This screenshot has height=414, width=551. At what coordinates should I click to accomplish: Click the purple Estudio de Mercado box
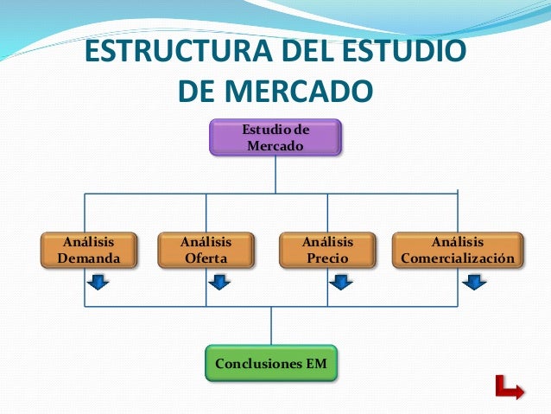pos(275,137)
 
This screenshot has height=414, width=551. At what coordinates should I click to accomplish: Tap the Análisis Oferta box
pos(206,250)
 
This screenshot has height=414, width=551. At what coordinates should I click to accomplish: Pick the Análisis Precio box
pos(327,250)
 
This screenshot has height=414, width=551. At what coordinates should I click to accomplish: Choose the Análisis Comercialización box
pos(458,250)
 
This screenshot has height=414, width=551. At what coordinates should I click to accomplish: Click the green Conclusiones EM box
pos(271,364)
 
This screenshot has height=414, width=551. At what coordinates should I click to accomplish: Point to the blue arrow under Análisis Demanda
pos(98,282)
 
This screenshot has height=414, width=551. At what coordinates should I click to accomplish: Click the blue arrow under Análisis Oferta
pos(219,282)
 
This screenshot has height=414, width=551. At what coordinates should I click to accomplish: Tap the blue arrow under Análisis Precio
pos(341,282)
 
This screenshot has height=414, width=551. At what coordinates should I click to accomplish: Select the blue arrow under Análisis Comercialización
pos(472,282)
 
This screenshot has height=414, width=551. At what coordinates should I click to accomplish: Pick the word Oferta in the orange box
pos(206,258)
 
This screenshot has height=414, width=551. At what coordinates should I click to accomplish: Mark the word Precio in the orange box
pos(327,258)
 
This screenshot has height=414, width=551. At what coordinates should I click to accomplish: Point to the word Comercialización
pos(458,258)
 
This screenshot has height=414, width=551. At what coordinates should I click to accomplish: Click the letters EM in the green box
pos(316,364)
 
